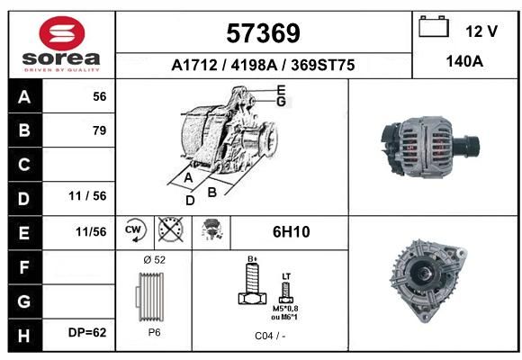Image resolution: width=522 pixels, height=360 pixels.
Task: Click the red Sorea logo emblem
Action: [x=62, y=33]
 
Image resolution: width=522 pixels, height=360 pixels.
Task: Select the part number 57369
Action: [x=263, y=33]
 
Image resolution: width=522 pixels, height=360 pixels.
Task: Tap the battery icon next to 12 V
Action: [x=434, y=26]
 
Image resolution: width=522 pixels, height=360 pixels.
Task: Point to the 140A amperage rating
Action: [x=464, y=61]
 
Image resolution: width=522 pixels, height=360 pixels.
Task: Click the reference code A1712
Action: [x=194, y=65]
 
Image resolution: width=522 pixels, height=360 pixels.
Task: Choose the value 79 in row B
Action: [x=100, y=130]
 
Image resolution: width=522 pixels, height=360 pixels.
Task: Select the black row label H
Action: [x=24, y=336]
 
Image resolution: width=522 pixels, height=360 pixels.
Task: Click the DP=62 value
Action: [x=87, y=332]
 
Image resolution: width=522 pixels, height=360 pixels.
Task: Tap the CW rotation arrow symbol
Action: [x=135, y=229]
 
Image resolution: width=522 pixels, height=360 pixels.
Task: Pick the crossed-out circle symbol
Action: [x=170, y=229]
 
